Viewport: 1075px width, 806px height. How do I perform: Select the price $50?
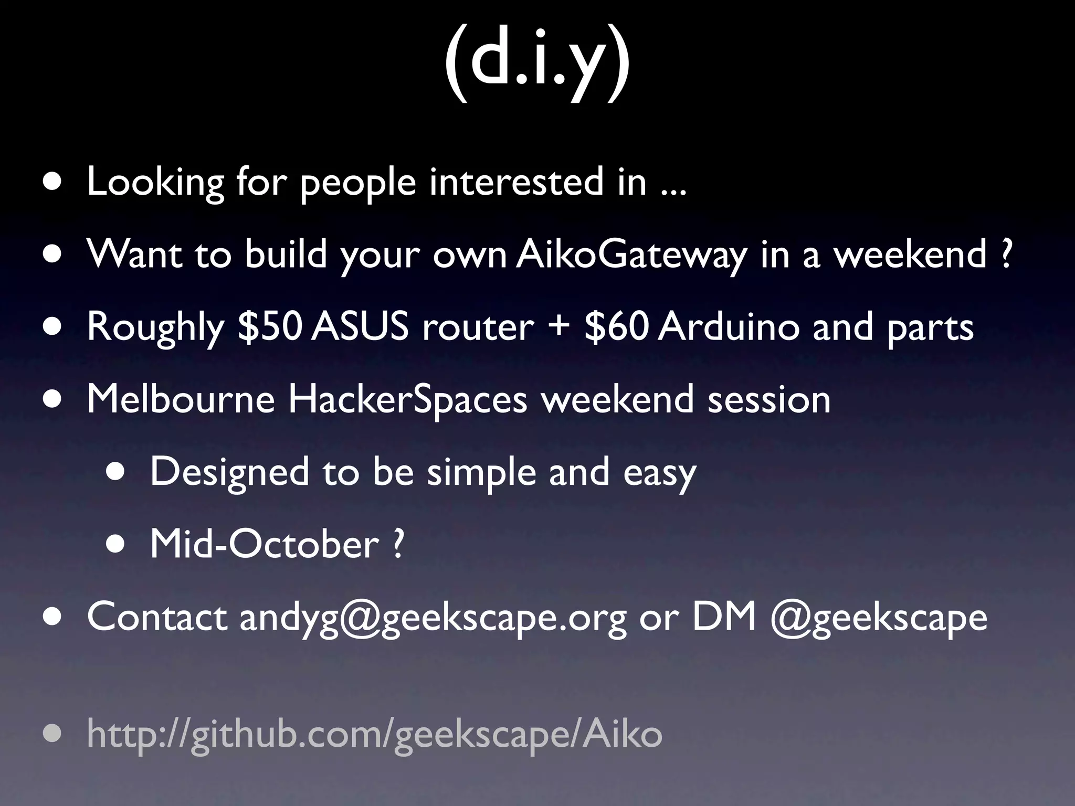click(x=269, y=326)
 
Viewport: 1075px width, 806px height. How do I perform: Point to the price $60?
click(x=616, y=326)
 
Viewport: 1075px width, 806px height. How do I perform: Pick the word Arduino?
click(x=729, y=326)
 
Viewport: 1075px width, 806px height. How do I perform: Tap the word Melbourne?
click(x=181, y=399)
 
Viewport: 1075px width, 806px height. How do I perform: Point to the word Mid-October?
click(x=264, y=544)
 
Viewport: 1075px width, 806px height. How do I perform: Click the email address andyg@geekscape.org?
click(x=433, y=618)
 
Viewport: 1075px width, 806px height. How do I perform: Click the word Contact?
click(x=156, y=617)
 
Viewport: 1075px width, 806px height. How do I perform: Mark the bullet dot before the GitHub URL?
click(x=52, y=734)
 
